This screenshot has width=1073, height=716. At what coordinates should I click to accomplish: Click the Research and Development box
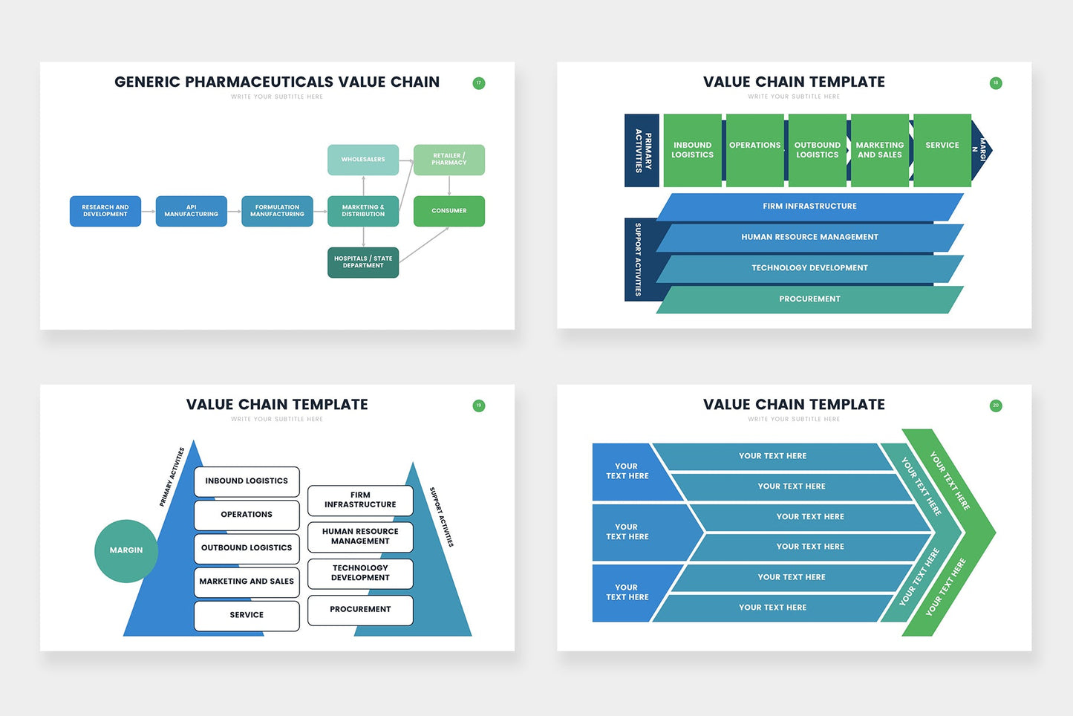point(105,211)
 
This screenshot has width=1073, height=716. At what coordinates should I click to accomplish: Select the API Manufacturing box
point(192,211)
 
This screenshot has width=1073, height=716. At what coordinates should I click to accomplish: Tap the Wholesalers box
point(363,160)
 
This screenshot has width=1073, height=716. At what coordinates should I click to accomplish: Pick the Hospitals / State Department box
point(363,262)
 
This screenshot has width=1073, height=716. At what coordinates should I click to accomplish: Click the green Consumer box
point(449,211)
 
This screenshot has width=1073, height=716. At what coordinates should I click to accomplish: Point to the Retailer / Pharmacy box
point(449,160)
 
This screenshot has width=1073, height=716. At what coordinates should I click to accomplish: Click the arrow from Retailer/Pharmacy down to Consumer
point(449,186)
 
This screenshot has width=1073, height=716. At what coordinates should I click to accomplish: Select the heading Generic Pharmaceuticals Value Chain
point(277,82)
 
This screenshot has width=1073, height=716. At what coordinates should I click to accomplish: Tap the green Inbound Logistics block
point(692,150)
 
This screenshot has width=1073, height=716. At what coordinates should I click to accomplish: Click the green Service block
point(942,150)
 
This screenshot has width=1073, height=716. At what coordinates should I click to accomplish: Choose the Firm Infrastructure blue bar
point(809,206)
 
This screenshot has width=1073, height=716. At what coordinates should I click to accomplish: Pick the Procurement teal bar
point(809,299)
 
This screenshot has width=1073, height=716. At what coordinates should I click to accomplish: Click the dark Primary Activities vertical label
point(642,151)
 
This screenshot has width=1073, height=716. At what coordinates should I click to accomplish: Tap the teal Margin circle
point(126,550)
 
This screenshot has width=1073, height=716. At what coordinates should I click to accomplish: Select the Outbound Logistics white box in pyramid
point(247,548)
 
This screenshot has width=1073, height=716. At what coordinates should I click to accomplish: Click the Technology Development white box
point(360,573)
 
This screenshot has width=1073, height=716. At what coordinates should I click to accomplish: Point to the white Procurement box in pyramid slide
point(360,610)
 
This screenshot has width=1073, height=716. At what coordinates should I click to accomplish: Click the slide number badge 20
point(996,406)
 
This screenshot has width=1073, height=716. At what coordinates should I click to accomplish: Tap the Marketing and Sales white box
point(247,582)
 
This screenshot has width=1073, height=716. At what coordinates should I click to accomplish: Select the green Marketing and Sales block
point(879,150)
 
